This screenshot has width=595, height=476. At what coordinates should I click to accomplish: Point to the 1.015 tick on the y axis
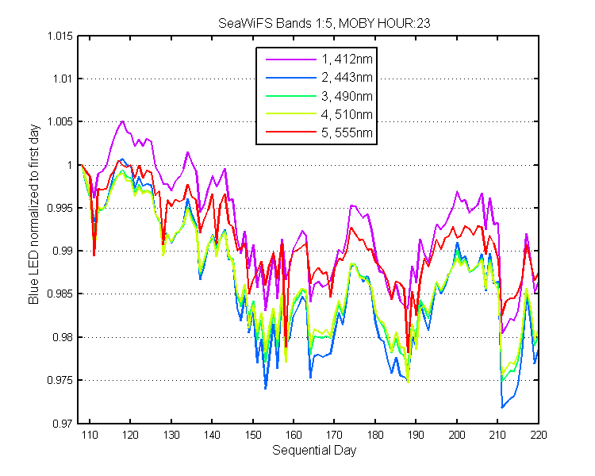pyautogui.click(x=59, y=36)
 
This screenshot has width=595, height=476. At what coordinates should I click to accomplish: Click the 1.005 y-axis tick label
pyautogui.click(x=59, y=121)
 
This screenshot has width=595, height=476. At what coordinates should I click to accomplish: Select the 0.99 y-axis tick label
pyautogui.click(x=63, y=251)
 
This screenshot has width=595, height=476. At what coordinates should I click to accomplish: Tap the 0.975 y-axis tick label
pyautogui.click(x=59, y=380)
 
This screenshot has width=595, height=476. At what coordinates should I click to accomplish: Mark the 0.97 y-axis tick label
pyautogui.click(x=63, y=423)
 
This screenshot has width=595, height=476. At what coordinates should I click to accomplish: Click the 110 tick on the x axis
pyautogui.click(x=90, y=435)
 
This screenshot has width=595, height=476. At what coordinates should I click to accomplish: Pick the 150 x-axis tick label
pyautogui.click(x=253, y=435)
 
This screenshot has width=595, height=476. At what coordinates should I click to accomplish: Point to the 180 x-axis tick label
pyautogui.click(x=375, y=435)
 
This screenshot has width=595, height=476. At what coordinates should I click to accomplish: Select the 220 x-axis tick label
pyautogui.click(x=539, y=435)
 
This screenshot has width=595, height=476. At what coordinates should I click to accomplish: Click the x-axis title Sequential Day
pyautogui.click(x=314, y=450)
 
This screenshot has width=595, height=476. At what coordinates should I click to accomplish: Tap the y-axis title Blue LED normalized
pyautogui.click(x=34, y=214)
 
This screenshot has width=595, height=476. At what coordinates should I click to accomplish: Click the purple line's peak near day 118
pyautogui.click(x=122, y=121)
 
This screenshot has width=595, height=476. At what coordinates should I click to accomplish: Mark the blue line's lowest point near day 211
pyautogui.click(x=502, y=407)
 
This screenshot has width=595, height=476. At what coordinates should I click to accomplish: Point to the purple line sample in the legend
pyautogui.click(x=290, y=59)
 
